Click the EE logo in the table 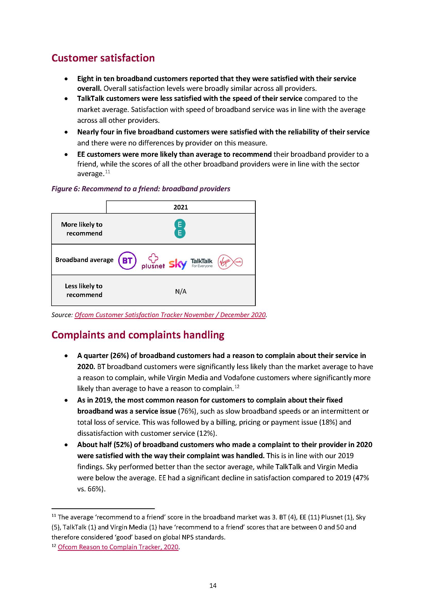(180, 229)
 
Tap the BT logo (127, 261)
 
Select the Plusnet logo (153, 261)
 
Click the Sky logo (178, 264)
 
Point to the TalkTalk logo (201, 263)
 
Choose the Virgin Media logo (230, 262)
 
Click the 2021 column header (181, 207)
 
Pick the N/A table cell (181, 291)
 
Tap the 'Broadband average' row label (84, 260)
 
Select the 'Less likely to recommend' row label (84, 290)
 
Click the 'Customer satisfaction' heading (103, 58)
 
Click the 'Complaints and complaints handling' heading (138, 335)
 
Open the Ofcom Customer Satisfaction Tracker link (170, 315)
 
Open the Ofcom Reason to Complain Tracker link (118, 547)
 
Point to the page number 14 (213, 586)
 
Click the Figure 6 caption (141, 189)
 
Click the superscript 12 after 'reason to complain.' (237, 387)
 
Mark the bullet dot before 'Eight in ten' (66, 79)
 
